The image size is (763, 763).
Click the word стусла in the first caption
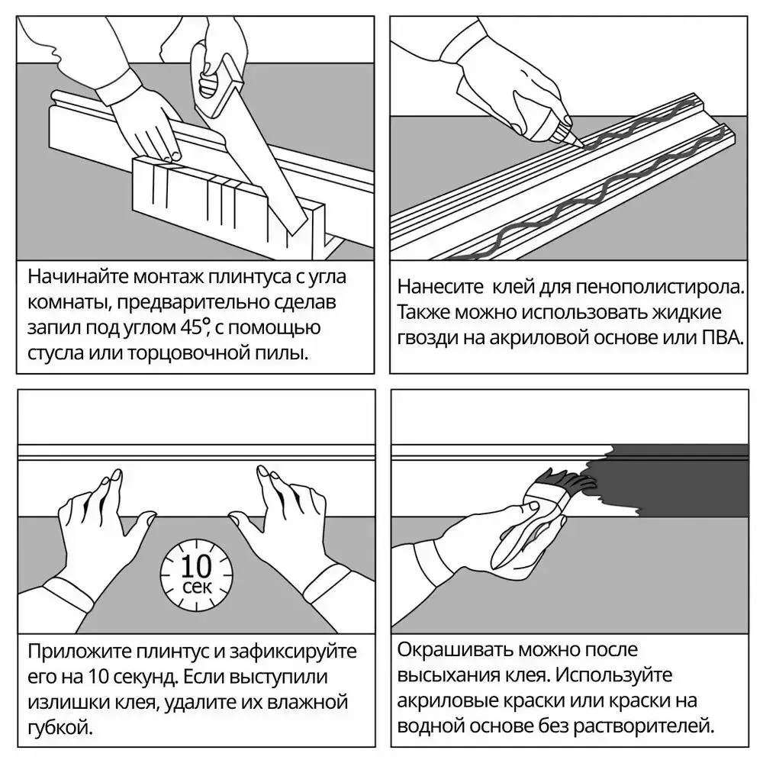[55, 353]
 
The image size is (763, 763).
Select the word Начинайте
[78, 276]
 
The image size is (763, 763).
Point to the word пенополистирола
[660, 287]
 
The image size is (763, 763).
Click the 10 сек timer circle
[197, 575]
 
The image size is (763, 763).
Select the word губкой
[60, 728]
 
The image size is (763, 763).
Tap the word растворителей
[644, 727]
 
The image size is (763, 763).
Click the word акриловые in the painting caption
[447, 701]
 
